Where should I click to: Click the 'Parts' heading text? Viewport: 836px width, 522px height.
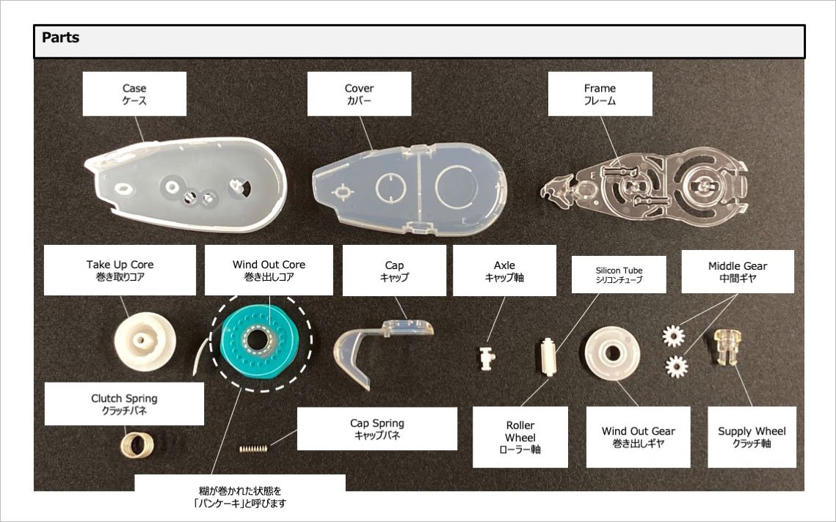[x=61, y=37]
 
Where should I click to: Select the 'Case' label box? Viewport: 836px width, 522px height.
[x=134, y=94]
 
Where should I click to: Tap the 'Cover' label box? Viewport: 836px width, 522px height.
[x=359, y=94]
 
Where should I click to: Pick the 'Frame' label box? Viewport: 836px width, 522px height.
[x=600, y=94]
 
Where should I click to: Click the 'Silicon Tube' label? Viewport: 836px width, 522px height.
[x=619, y=275]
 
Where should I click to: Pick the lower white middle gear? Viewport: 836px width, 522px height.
[x=678, y=364]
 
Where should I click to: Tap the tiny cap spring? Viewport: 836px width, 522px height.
[x=252, y=446]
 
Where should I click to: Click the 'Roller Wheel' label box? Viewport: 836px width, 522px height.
[x=520, y=436]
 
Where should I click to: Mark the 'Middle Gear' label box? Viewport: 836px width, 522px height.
[x=738, y=271]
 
